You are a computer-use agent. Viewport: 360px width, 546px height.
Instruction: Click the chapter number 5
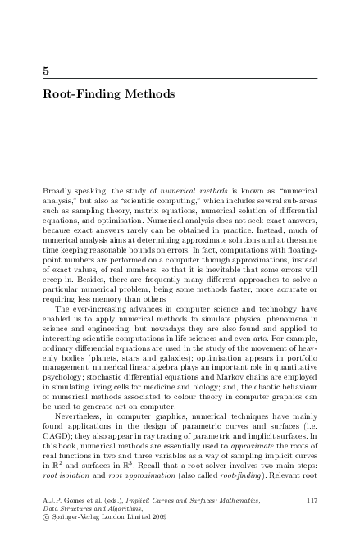[x=46, y=71]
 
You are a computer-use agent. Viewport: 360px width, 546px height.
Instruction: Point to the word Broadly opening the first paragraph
[x=57, y=189]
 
